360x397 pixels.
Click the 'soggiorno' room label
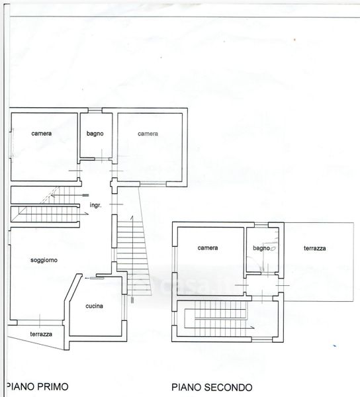click(x=44, y=260)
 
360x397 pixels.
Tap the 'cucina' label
click(x=94, y=306)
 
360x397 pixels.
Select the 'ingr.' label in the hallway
click(x=95, y=205)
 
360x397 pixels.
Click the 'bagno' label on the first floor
click(x=95, y=134)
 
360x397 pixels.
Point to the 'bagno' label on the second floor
click(x=261, y=248)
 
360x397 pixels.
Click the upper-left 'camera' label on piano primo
click(x=42, y=134)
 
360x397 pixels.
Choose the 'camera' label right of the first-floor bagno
click(x=148, y=134)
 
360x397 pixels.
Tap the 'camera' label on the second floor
click(x=208, y=247)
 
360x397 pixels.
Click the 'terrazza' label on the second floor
click(x=315, y=248)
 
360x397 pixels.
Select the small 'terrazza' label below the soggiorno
click(x=41, y=334)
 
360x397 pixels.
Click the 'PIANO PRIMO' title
click(x=38, y=386)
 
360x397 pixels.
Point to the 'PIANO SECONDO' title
click(x=212, y=387)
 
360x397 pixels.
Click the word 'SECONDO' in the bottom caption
click(x=228, y=387)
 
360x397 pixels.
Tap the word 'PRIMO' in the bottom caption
click(x=53, y=386)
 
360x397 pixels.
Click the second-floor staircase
click(x=220, y=318)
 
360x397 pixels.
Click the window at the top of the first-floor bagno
click(x=95, y=110)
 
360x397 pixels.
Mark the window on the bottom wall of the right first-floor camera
click(x=153, y=184)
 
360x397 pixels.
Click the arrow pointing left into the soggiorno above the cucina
click(x=95, y=279)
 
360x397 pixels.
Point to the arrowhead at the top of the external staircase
click(x=132, y=218)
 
